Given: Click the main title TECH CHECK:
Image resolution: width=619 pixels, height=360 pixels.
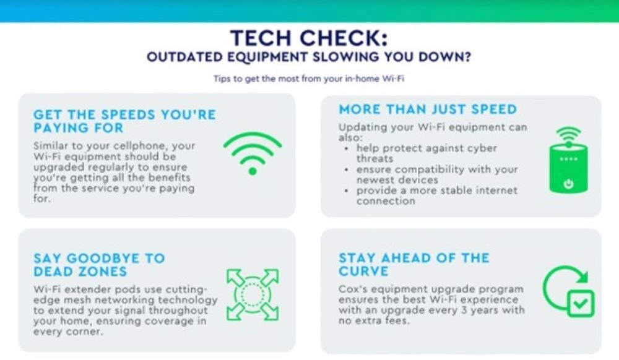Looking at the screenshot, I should point(309,39).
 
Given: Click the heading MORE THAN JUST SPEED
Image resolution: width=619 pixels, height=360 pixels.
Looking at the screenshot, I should point(427,109).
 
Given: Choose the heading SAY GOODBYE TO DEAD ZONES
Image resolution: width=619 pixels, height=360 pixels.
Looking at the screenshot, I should point(99,265).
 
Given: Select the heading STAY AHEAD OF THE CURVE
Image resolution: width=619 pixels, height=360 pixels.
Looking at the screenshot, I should point(413,265).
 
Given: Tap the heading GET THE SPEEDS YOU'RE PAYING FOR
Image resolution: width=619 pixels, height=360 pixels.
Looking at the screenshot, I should point(124,121).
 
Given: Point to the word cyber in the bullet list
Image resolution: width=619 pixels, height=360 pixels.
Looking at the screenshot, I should point(475,148).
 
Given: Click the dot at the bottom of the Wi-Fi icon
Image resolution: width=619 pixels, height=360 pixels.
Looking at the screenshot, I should point(252,170).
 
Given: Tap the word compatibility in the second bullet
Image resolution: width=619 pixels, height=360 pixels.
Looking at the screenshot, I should point(419,169).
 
